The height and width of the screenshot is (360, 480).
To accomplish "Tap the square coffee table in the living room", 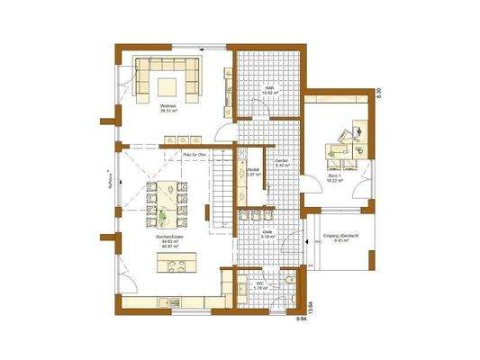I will (x=168, y=85).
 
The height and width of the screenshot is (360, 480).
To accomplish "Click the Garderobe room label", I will (x=282, y=163).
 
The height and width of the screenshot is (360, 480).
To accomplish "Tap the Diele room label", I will (x=268, y=232).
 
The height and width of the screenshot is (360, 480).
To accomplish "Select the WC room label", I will (x=258, y=285).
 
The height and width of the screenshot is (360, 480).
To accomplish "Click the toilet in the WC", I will (x=288, y=283).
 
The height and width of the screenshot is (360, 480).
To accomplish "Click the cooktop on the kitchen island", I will (x=177, y=264).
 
